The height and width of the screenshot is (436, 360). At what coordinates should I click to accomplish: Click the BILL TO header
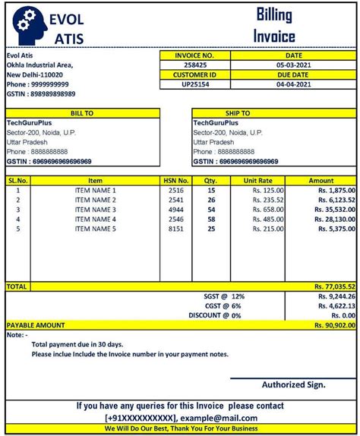click(82, 112)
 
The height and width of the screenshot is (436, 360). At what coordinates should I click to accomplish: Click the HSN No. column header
click(175, 180)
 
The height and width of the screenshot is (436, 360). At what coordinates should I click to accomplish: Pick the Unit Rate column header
click(257, 180)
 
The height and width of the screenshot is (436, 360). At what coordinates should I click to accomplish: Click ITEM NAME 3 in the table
click(96, 209)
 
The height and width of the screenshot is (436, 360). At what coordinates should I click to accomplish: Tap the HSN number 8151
click(175, 228)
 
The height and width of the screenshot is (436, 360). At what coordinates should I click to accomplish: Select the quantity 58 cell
click(210, 219)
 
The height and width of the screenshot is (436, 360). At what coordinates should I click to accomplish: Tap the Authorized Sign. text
click(292, 384)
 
